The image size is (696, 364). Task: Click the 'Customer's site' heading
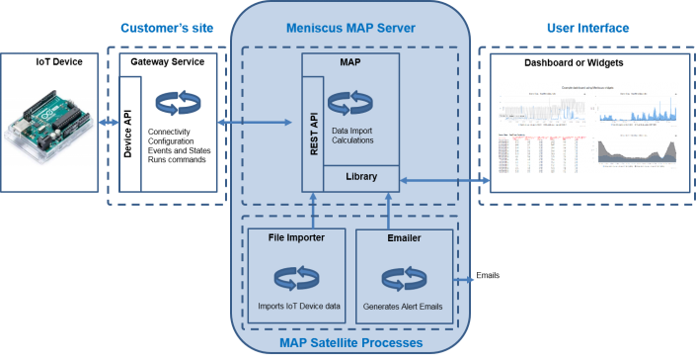[x=167, y=28]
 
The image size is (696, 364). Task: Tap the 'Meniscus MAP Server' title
[x=349, y=28]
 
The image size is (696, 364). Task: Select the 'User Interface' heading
[x=587, y=28]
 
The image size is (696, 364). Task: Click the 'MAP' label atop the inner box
[x=349, y=62]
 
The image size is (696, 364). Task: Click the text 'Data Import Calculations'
[x=352, y=135]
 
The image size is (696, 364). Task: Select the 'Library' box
[x=360, y=177]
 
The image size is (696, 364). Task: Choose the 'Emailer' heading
[x=403, y=237]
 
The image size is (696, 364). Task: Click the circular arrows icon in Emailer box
[x=403, y=276]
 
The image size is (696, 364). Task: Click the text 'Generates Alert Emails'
[x=403, y=306]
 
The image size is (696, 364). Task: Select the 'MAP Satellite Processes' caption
[x=350, y=343]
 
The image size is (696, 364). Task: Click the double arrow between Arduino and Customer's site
[x=108, y=124]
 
